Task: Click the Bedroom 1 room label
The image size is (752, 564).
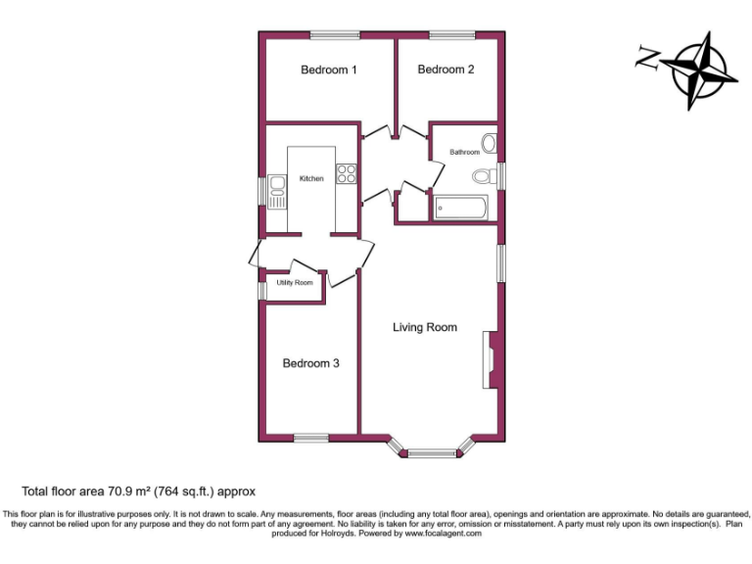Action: pos(328,70)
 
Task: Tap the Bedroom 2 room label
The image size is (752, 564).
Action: pos(446,70)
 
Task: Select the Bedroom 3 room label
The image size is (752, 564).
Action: pos(310,363)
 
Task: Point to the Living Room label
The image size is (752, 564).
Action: pos(425,327)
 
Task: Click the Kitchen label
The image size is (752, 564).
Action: pos(311,178)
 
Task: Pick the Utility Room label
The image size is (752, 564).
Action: pos(295,282)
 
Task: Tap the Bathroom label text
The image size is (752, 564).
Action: pos(464,152)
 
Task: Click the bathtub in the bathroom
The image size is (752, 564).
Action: pos(460,208)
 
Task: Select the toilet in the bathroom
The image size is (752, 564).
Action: pos(483,176)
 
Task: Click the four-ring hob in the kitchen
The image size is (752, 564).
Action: pos(347,174)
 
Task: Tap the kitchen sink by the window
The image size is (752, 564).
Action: pos(276,191)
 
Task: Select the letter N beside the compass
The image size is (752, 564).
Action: pos(646,58)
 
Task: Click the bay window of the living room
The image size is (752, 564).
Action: pos(432,451)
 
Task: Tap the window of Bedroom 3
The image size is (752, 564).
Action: pos(310,438)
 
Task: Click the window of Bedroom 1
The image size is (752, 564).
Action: pos(335,35)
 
